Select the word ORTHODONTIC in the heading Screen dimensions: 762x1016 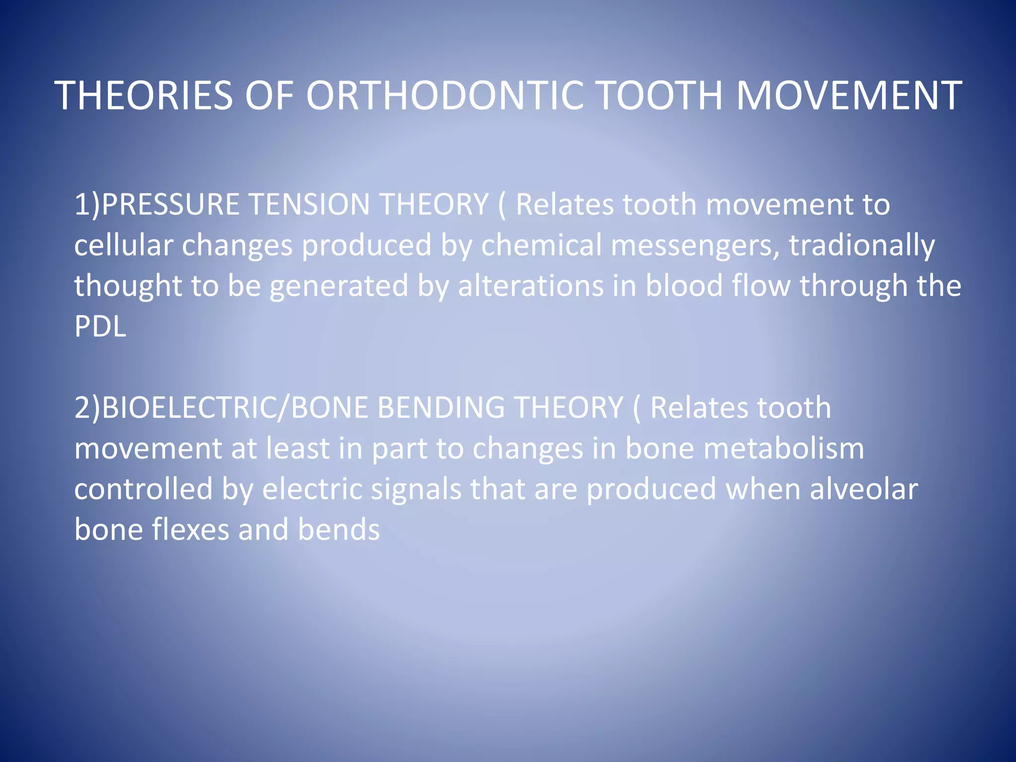coord(444,96)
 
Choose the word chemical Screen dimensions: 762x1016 coord(541,245)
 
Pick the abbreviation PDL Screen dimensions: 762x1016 coord(100,327)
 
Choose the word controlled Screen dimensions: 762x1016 coord(143,489)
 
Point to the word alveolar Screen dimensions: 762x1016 coord(864,489)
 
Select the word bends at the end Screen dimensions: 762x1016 coord(339,530)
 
